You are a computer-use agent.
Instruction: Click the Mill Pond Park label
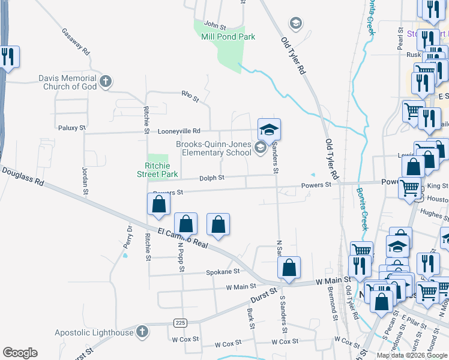229,37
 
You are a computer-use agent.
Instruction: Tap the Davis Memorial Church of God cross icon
106,82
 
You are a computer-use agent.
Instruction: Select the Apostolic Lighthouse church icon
142,331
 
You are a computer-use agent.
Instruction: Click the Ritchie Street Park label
161,170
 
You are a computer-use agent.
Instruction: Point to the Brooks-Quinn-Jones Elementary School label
213,148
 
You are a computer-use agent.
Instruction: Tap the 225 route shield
180,323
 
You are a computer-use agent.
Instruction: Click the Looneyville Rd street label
179,131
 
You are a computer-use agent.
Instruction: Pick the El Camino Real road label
183,238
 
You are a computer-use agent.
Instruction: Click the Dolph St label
212,178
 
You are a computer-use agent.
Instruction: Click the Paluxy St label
73,128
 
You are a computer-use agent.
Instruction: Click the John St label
214,26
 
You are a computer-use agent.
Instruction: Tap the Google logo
20,353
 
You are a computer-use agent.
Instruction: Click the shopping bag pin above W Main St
289,268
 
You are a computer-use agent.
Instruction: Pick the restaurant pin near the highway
8,58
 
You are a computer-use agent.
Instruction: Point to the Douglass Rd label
22,176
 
